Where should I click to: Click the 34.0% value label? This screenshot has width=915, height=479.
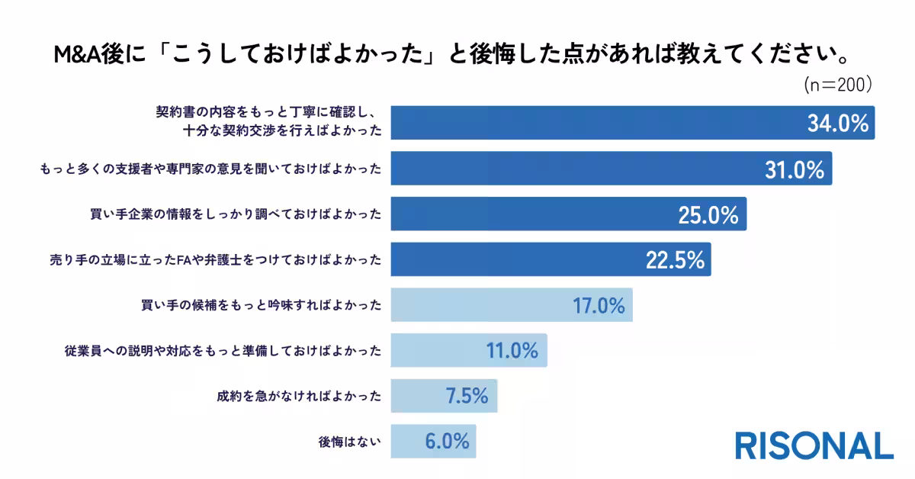[838, 124]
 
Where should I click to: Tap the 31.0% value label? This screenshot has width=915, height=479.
[795, 170]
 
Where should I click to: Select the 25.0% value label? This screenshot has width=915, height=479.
[708, 215]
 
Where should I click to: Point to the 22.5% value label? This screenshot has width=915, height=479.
[674, 260]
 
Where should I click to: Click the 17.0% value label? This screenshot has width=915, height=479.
[598, 306]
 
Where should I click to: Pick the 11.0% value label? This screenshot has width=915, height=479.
[512, 351]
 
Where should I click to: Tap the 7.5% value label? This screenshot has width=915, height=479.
[465, 396]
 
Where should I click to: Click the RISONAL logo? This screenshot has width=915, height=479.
[814, 445]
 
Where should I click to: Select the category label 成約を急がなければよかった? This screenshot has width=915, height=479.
[299, 397]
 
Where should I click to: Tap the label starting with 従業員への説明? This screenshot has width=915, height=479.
[223, 352]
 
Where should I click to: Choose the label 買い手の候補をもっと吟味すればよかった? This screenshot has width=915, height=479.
[261, 306]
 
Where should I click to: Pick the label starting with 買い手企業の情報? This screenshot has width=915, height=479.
[236, 215]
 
